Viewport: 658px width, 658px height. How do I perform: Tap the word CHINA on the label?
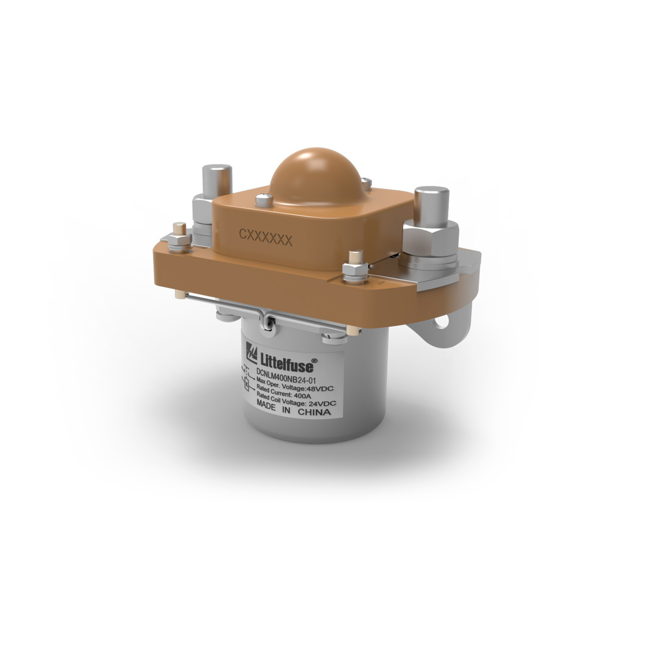(314, 412)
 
